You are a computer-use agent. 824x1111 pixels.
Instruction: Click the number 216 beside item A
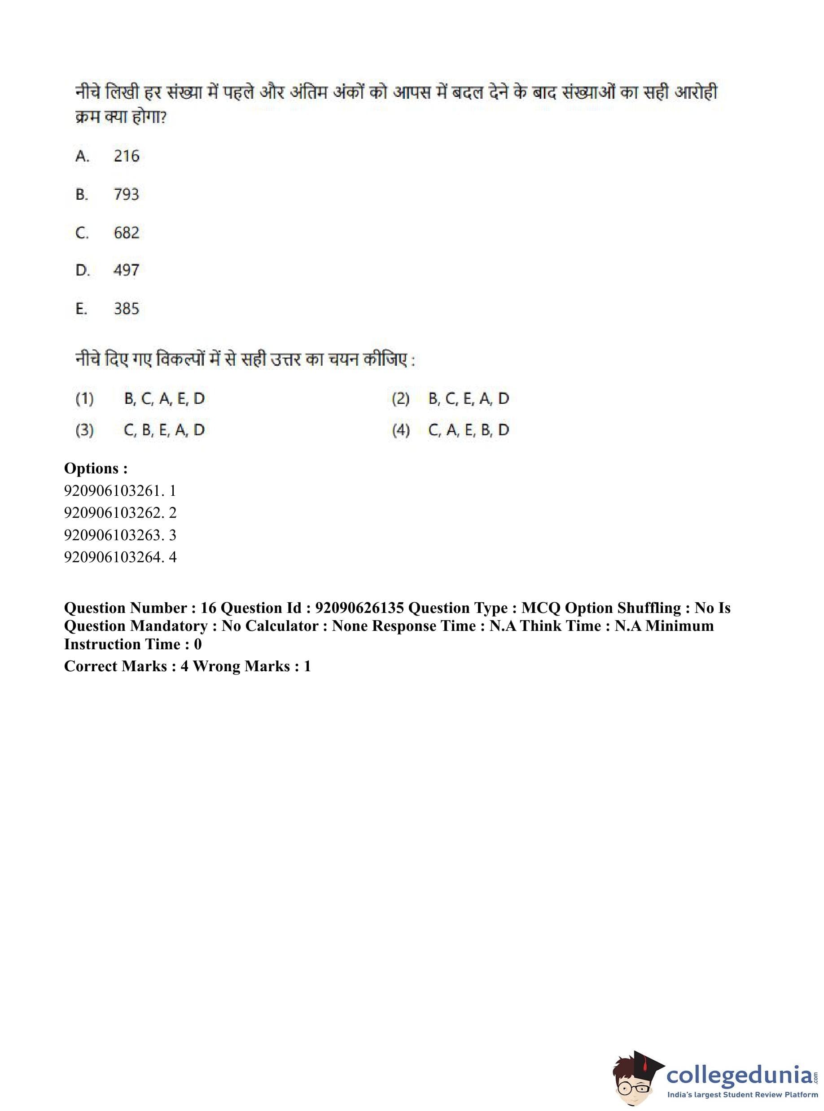[x=126, y=156]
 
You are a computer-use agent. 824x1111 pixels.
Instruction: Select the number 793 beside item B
[x=126, y=194]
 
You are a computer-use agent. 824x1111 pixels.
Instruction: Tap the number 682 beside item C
[x=126, y=232]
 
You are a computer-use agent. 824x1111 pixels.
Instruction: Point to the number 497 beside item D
[x=126, y=270]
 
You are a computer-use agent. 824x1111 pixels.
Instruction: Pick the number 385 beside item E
[x=126, y=309]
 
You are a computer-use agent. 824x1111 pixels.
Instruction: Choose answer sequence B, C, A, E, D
[x=164, y=398]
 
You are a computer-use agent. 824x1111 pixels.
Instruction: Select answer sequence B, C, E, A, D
[x=469, y=398]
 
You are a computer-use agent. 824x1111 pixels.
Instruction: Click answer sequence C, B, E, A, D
[x=164, y=430]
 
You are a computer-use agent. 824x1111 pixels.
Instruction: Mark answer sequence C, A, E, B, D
[x=469, y=430]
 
